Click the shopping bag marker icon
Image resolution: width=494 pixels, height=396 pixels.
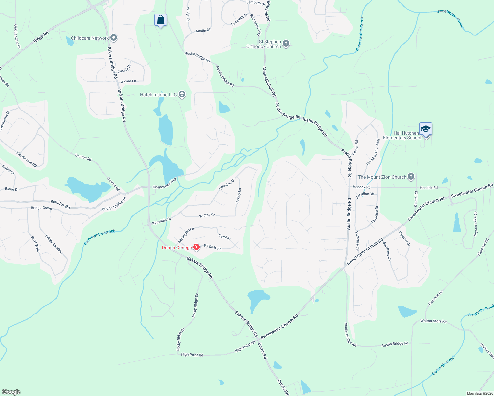160,20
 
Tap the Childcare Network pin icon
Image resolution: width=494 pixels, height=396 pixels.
114,38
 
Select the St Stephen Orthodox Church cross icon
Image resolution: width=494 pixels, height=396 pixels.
286,44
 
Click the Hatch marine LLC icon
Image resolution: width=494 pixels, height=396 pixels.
182,95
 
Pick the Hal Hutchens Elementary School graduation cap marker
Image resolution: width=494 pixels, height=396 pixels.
426,129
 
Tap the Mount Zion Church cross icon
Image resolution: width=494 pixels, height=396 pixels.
411,177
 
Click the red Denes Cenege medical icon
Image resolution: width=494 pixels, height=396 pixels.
196,247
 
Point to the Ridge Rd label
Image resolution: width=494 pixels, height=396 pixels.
41,37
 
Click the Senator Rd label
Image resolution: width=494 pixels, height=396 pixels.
60,204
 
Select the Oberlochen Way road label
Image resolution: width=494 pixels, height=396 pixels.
164,184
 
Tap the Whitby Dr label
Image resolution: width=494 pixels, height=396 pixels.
207,215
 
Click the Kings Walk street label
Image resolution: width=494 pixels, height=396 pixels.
213,247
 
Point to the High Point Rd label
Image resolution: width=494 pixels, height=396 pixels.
192,355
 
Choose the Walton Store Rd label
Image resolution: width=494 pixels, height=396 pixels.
433,321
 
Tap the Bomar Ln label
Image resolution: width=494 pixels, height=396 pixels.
128,81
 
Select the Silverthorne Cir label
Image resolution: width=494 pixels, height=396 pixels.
26,159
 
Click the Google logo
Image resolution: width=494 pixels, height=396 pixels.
11,392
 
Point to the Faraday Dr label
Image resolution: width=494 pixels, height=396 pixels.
404,238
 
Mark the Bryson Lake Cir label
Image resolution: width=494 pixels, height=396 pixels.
476,224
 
